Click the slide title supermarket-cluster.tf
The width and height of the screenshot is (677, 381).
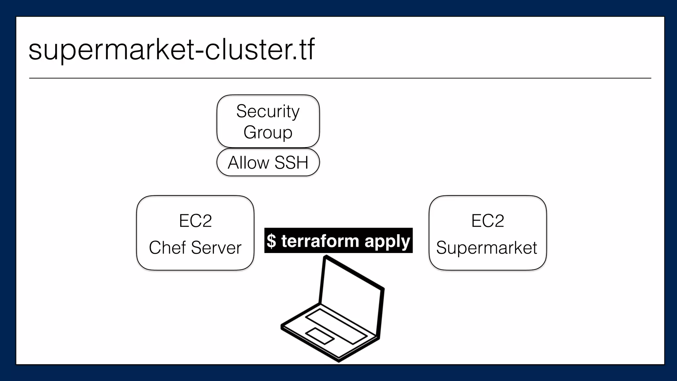coord(171,50)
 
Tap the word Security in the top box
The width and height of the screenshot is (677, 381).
coord(268,111)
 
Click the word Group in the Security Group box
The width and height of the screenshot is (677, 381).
coord(268,132)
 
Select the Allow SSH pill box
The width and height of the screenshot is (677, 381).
coord(268,162)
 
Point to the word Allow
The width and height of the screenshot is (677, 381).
coord(248,163)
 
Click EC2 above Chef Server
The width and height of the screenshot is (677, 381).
coord(195,221)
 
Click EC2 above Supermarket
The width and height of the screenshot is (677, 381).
coord(487,221)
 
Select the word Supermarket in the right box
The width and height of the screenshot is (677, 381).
coord(486,248)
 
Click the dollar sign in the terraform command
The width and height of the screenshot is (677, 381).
coord(271,241)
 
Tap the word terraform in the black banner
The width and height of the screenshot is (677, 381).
coord(320,241)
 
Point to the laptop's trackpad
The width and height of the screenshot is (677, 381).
coord(319,336)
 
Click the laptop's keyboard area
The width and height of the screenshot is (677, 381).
coord(336,326)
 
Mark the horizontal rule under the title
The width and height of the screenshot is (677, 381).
coord(340,78)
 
